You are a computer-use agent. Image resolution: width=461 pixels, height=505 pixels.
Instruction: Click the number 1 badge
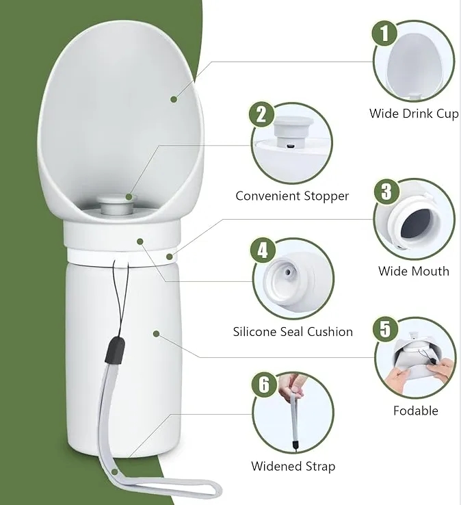[x=384, y=33]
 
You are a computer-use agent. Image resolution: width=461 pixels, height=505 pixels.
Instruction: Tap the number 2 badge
[x=261, y=115]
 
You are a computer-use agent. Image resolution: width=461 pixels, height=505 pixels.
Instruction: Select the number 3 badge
[x=386, y=192]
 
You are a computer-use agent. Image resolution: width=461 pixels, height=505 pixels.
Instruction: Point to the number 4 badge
[x=263, y=250]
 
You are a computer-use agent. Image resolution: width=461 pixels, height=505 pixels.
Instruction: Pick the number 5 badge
[x=386, y=329]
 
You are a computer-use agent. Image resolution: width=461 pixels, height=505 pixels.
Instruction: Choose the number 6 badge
[x=264, y=385]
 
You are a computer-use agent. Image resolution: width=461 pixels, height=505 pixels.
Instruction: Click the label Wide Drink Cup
[x=414, y=114]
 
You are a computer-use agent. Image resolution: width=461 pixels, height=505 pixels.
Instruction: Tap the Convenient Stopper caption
[x=292, y=196]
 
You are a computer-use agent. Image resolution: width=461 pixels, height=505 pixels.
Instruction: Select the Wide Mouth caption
[x=414, y=271]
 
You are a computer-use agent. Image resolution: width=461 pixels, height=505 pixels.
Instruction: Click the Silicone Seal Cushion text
[x=293, y=332]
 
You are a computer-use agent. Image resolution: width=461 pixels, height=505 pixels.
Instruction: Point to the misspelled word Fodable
[x=416, y=411]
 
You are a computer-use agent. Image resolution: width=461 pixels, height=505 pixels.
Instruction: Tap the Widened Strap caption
[x=293, y=467]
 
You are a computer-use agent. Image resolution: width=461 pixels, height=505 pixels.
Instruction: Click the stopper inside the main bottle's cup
[x=117, y=205]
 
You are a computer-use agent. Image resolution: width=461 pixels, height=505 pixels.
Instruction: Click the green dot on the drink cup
[x=174, y=99]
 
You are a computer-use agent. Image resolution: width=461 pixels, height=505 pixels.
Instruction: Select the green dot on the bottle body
[x=157, y=334]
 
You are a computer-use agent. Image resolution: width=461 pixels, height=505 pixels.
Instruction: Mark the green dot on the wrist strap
[x=114, y=472]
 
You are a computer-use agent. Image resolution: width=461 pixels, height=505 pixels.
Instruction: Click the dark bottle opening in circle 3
[x=417, y=223]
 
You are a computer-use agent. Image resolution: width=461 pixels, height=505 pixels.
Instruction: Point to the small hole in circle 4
[x=288, y=272]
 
